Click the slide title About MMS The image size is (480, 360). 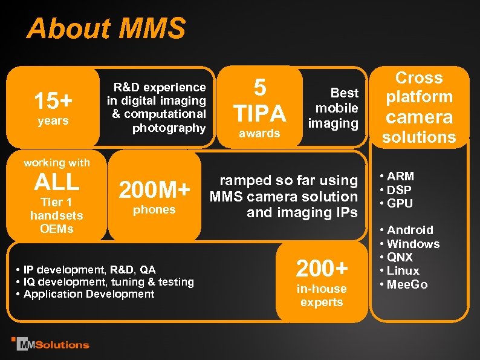point(106,28)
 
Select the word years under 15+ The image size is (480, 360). point(53,121)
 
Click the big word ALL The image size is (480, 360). point(56,182)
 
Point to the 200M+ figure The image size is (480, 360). point(154,191)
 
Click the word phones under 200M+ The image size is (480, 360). point(154,210)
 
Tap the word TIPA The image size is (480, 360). point(260,113)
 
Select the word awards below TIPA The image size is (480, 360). point(260,134)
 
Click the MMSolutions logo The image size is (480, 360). point(51,344)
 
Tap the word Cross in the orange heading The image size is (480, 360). point(419,78)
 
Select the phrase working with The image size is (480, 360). point(56,162)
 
